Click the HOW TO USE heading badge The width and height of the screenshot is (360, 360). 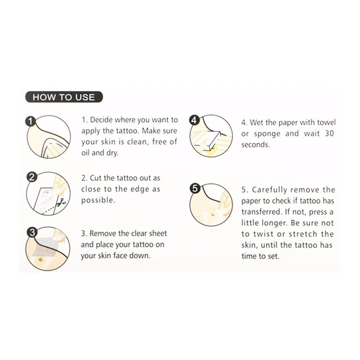(x=64, y=97)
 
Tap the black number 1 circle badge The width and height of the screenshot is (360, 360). (x=30, y=121)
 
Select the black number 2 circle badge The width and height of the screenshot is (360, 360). (x=32, y=177)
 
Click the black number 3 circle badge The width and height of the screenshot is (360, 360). (x=32, y=232)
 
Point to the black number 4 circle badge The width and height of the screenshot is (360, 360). (x=194, y=120)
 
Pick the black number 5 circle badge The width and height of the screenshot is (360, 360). (x=195, y=188)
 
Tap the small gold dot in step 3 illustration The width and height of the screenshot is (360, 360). (x=41, y=260)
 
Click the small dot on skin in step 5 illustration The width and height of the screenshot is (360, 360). (x=213, y=214)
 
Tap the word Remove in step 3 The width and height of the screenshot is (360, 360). (x=103, y=234)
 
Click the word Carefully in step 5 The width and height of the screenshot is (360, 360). (x=269, y=190)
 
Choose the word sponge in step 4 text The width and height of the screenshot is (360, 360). (x=267, y=134)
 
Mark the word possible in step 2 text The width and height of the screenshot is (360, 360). (x=98, y=200)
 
